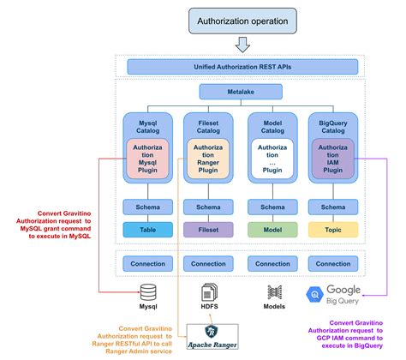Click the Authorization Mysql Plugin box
pyautogui.click(x=148, y=159)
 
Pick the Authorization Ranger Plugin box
pyautogui.click(x=208, y=159)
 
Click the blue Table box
pyautogui.click(x=148, y=229)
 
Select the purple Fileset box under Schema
pyautogui.click(x=208, y=229)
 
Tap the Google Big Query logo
pyautogui.click(x=333, y=296)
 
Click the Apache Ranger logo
pyautogui.click(x=210, y=334)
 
